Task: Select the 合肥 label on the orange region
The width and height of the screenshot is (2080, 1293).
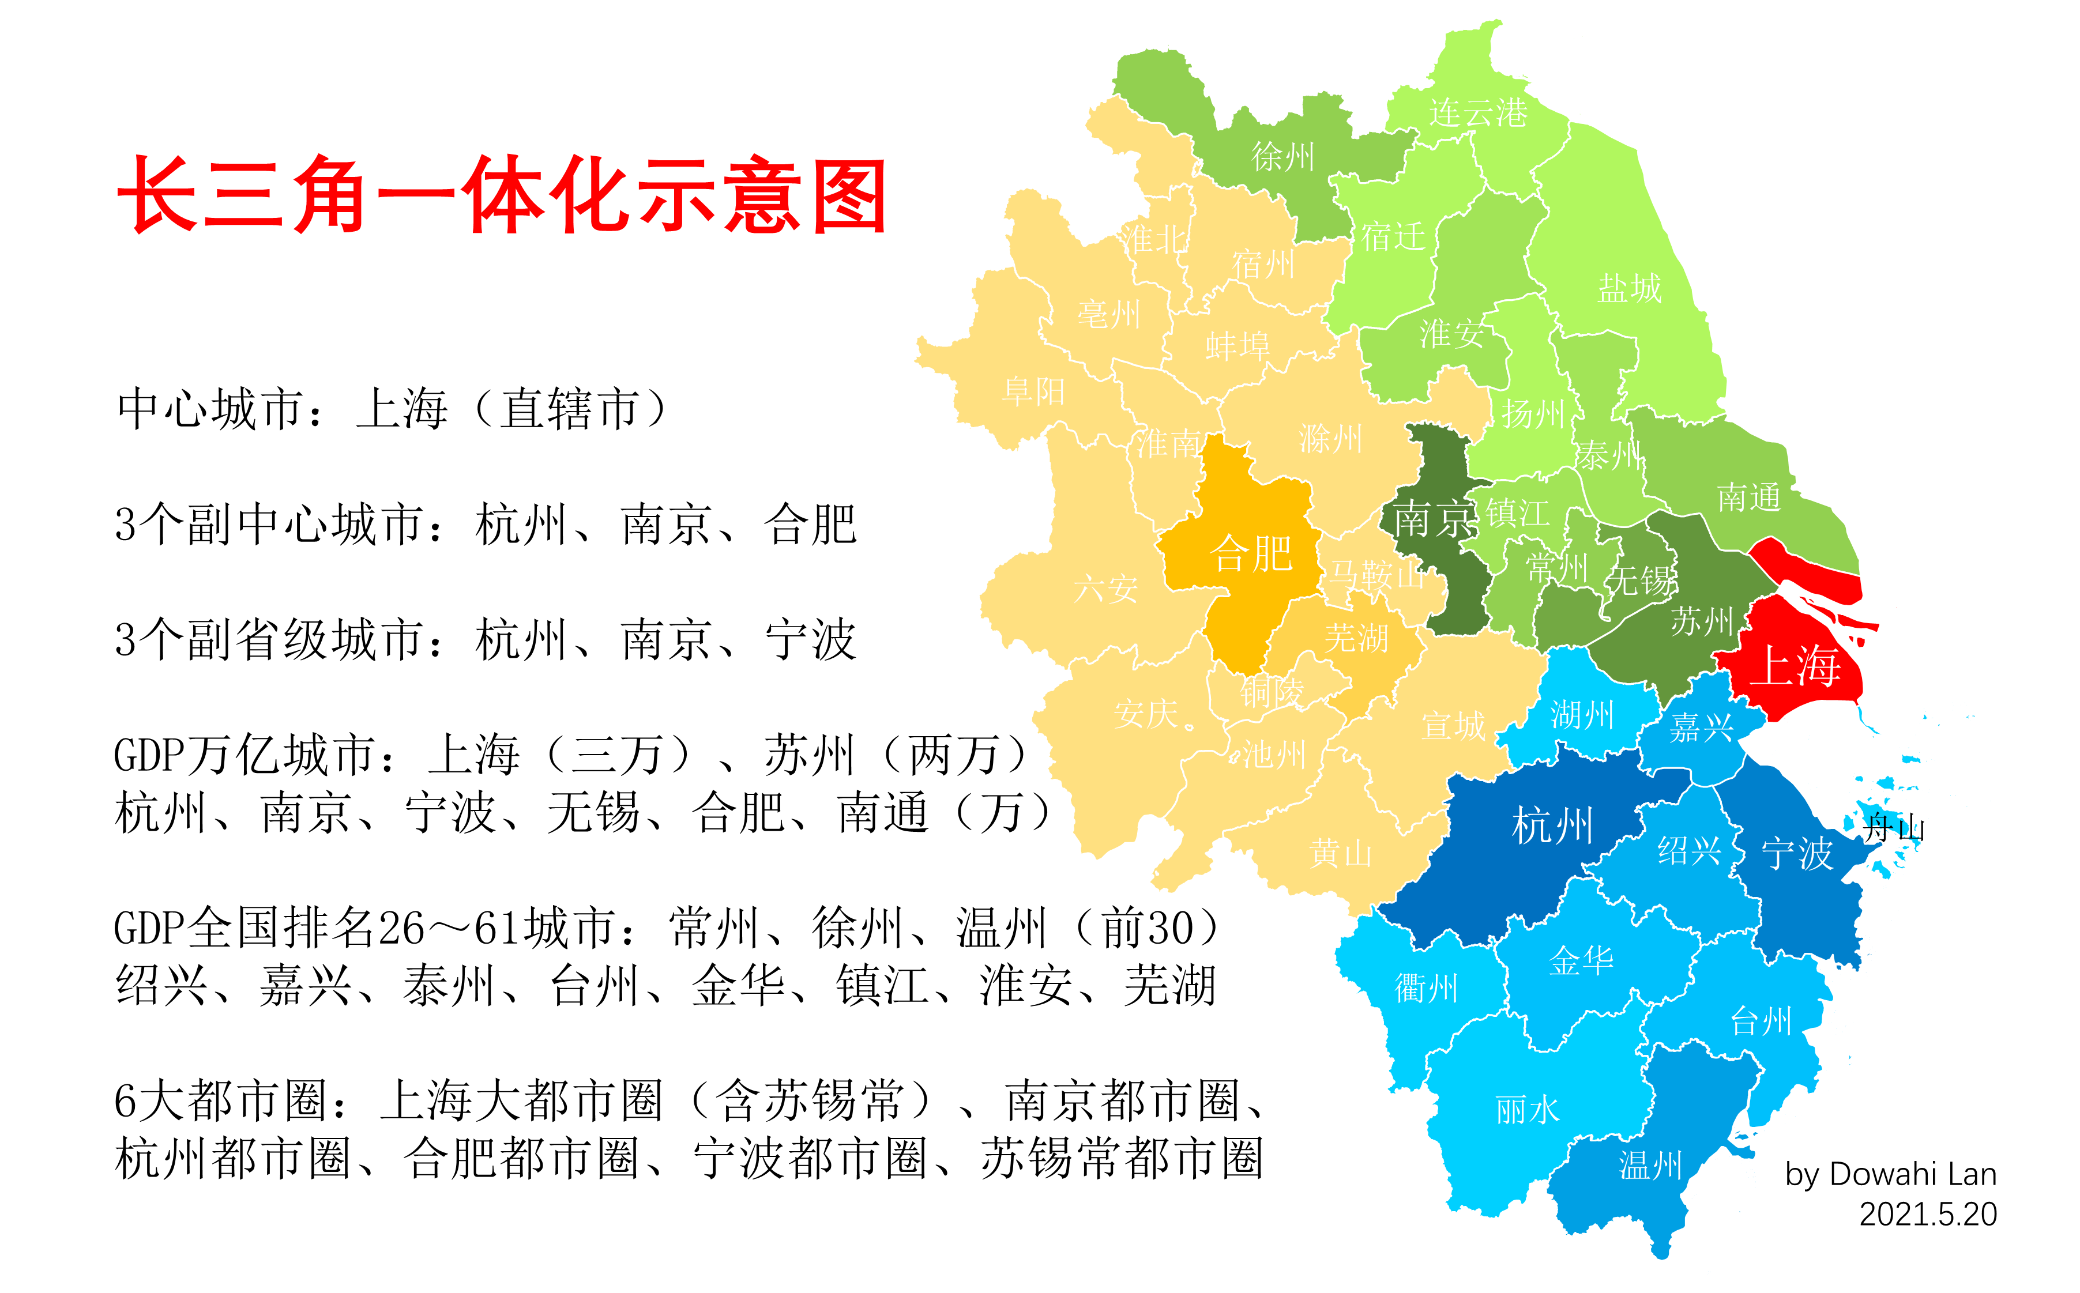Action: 1250,554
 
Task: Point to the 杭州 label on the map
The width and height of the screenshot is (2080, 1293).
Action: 1552,825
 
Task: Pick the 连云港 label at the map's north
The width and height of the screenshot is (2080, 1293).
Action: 1478,112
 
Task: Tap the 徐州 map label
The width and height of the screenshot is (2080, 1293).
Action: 1282,156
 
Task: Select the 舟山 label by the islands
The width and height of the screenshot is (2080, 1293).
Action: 1894,828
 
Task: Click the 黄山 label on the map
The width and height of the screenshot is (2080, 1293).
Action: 1340,853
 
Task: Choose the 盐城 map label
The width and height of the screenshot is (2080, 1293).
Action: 1629,288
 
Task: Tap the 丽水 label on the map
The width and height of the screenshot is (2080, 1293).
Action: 1528,1110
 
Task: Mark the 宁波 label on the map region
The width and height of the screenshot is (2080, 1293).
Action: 1797,853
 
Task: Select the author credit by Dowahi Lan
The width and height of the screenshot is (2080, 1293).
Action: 1890,1174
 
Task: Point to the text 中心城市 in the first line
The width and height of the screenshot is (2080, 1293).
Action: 210,409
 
